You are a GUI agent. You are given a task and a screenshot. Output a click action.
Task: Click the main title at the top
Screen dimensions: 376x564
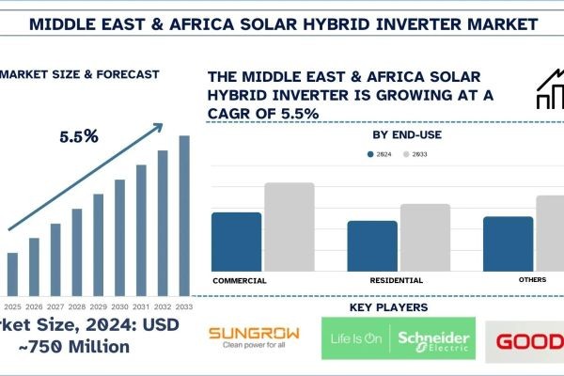tap(282, 22)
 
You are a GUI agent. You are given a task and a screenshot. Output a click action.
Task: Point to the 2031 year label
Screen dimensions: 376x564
tap(141, 306)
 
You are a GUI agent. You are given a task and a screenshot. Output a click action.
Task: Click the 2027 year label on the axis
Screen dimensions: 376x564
tap(55, 306)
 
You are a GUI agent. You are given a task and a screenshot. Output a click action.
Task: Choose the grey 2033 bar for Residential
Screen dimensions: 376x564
tap(424, 237)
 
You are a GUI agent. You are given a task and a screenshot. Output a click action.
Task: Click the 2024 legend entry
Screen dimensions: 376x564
tap(376, 153)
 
